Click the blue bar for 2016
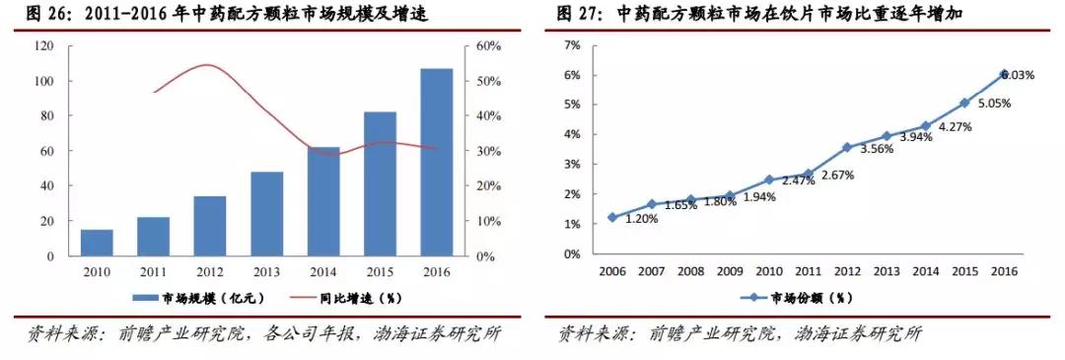point(436,162)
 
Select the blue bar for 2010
point(97,243)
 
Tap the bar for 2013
point(266,214)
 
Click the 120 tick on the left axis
point(43,46)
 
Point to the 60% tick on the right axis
point(490,46)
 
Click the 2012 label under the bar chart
point(209,271)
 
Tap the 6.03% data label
point(1018,75)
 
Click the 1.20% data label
point(642,218)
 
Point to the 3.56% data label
point(879,149)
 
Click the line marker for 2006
point(612,217)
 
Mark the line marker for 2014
point(925,126)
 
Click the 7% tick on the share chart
point(571,45)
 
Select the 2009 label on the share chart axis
point(730,271)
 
